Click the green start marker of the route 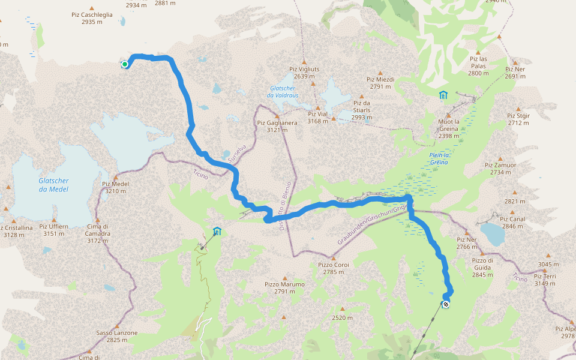point(125,64)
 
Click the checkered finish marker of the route point(446,305)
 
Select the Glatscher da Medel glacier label point(53,185)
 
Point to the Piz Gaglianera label point(277,127)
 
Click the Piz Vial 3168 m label point(318,118)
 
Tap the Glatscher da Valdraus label point(282,91)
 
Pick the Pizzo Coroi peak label point(334,268)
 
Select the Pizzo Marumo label point(284,287)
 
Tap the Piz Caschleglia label point(97,18)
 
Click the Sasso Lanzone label point(117,336)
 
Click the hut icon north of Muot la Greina point(443,94)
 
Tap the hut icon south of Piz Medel point(217,231)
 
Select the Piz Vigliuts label point(304,72)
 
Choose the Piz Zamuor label point(500,168)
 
